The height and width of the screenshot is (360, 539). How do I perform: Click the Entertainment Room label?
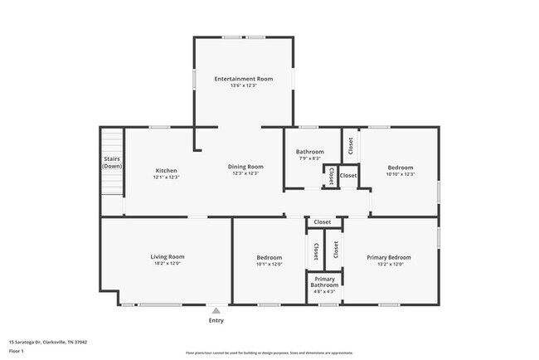click(x=243, y=79)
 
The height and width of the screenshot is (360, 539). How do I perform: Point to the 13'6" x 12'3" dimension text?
click(x=243, y=86)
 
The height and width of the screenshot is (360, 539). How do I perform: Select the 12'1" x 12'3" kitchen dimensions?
click(x=166, y=178)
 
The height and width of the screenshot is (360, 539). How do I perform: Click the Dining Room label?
click(x=245, y=167)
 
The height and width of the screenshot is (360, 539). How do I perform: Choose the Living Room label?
click(x=167, y=257)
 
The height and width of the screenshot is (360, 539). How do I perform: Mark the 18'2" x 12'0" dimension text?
click(x=167, y=265)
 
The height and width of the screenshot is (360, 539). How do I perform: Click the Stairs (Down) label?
click(x=112, y=163)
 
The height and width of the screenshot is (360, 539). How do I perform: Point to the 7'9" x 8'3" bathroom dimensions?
click(x=309, y=158)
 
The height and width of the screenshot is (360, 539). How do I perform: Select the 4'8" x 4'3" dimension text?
click(x=324, y=292)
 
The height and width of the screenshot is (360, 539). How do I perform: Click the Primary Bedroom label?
click(x=389, y=257)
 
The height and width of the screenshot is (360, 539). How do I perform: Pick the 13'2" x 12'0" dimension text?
click(x=389, y=265)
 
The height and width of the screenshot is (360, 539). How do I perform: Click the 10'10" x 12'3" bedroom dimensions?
click(x=400, y=175)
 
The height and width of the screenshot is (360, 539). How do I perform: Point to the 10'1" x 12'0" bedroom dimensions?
click(x=269, y=265)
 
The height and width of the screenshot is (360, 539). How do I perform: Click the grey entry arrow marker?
click(x=216, y=310)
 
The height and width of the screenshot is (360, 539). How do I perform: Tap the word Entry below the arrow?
click(x=216, y=320)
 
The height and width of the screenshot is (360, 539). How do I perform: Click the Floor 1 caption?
click(x=17, y=351)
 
